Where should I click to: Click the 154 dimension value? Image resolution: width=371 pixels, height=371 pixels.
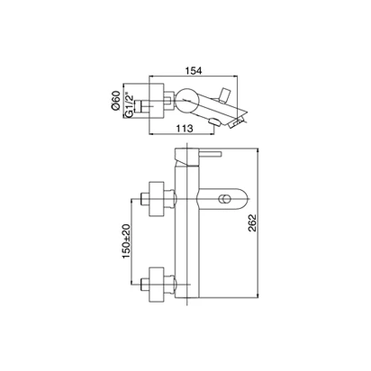194,71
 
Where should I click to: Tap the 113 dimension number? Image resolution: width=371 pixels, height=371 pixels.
184,129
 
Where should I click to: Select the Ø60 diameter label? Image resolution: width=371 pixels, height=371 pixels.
115,101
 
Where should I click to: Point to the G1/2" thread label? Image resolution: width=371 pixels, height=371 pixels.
129,105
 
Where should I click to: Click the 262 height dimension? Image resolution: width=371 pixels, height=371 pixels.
252,223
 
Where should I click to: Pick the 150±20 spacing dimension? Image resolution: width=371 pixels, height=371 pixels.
126,241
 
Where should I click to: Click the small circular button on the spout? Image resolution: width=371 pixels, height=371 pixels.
224,199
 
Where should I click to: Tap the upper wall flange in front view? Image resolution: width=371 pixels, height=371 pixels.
157,199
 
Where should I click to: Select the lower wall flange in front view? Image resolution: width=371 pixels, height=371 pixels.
157,284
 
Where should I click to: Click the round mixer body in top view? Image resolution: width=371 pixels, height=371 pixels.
186,100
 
